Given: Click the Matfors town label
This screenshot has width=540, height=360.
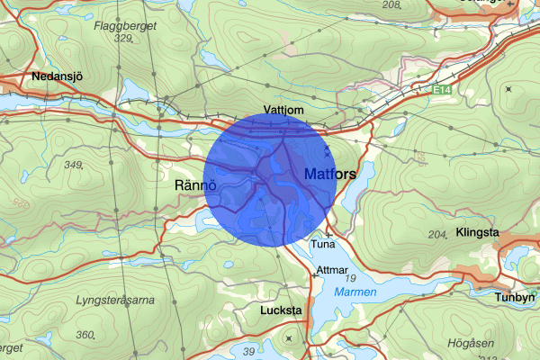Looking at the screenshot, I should click(x=330, y=172).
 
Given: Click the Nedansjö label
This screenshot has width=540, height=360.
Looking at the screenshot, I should click(x=57, y=77).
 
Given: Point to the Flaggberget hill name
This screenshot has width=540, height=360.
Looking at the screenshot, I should click(x=125, y=25).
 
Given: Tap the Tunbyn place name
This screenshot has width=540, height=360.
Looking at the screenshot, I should click(x=515, y=296).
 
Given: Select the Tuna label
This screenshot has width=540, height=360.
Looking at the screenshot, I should click(x=321, y=244).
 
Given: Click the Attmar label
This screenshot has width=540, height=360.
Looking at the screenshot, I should click(x=331, y=270).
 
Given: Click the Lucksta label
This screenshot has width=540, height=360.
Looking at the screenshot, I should click(x=255, y=309).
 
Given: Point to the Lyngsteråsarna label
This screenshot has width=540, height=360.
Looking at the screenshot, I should click(x=115, y=299).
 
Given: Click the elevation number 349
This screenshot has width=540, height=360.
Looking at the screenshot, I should click(x=73, y=165).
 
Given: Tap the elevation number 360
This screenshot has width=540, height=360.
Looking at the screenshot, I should click(x=85, y=334).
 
